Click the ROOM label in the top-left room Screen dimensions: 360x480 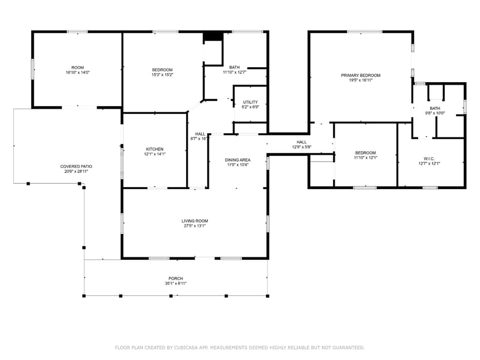77,67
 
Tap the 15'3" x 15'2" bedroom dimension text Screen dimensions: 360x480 162,75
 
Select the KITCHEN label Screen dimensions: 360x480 154,149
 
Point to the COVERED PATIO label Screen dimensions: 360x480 76,166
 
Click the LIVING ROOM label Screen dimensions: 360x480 194,221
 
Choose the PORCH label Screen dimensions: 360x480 175,278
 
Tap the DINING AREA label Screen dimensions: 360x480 238,160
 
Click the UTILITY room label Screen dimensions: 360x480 250,102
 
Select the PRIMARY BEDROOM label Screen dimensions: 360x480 361,75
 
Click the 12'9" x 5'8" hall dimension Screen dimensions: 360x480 301,147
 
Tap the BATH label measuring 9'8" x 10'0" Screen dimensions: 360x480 434,108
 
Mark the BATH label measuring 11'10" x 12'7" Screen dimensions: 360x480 235,67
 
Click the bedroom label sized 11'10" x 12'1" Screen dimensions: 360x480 365,152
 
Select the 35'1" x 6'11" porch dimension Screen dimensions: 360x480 175,284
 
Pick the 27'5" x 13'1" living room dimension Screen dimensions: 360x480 194,226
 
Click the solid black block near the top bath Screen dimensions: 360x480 212,37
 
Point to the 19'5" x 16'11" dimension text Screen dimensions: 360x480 361,80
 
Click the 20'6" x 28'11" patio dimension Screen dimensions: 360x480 76,172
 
